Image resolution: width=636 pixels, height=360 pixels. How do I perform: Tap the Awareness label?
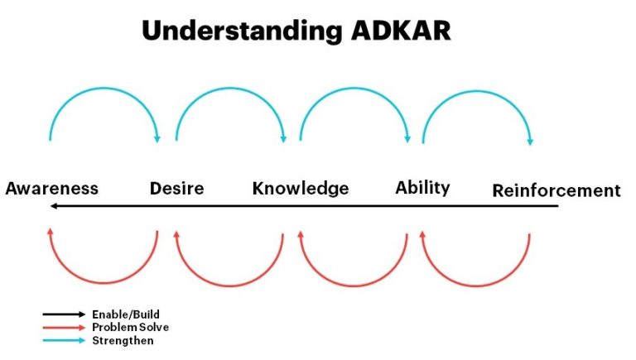click(x=52, y=189)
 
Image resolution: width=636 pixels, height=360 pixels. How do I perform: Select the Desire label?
click(x=176, y=189)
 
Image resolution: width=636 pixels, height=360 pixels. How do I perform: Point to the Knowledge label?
click(x=301, y=189)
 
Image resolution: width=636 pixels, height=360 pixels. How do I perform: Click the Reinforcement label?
click(x=556, y=191)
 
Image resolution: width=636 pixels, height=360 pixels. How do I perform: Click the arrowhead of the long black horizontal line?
click(x=52, y=206)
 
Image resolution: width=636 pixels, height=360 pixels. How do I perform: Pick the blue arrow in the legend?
click(x=64, y=340)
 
